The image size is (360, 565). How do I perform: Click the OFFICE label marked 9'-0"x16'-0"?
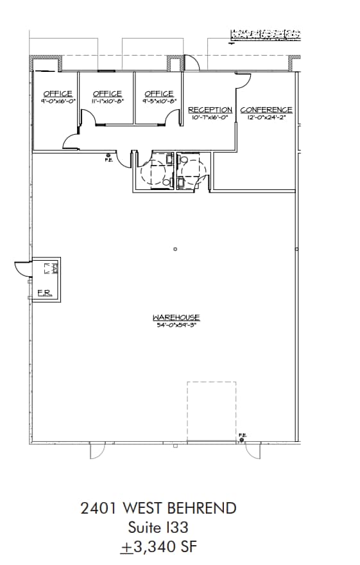(x=58, y=94)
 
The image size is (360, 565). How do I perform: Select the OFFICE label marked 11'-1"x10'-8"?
(x=107, y=94)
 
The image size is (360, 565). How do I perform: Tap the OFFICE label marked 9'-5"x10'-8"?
(x=159, y=94)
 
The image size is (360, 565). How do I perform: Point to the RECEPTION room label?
(x=210, y=110)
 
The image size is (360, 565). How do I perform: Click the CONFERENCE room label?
(x=266, y=110)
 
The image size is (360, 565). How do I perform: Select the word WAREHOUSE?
(x=176, y=317)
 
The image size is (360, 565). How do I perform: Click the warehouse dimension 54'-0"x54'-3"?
(x=176, y=326)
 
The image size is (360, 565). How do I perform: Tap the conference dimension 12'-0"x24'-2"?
(x=266, y=117)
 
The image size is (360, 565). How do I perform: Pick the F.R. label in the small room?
(x=44, y=293)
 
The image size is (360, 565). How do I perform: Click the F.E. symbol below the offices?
(x=108, y=155)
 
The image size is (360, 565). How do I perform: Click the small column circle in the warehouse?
(x=175, y=249)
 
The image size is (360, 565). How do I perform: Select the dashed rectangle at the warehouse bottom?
(x=211, y=411)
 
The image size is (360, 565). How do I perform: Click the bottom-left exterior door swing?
(x=96, y=451)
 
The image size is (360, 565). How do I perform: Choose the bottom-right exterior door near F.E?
(x=254, y=451)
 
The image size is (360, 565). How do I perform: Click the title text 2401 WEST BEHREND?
(x=159, y=509)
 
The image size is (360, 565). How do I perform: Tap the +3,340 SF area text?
(x=159, y=548)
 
